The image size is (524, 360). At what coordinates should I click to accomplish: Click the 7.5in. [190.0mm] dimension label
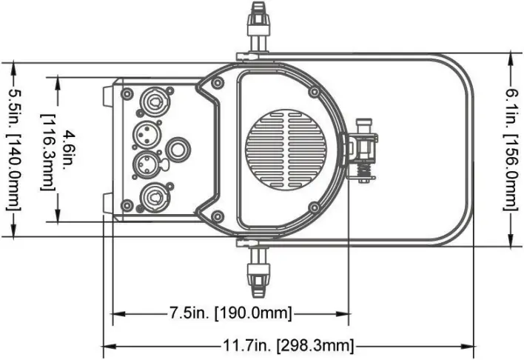pyautogui.click(x=231, y=313)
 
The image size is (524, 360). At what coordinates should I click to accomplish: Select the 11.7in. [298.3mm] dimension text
pyautogui.click(x=288, y=345)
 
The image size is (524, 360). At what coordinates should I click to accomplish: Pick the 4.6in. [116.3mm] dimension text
pyautogui.click(x=59, y=153)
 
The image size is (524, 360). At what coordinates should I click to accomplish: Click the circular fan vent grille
pyautogui.click(x=286, y=149)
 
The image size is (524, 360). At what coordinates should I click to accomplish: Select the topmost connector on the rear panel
pyautogui.click(x=153, y=99)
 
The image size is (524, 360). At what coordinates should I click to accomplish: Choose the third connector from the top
pyautogui.click(x=147, y=163)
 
